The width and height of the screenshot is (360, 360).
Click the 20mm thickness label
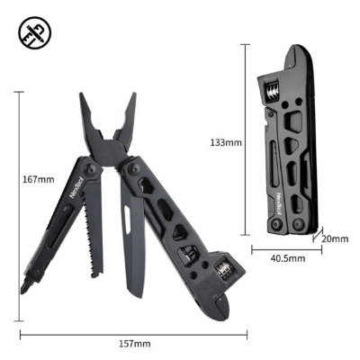point(334,238)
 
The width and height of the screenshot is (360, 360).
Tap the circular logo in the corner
point(34,34)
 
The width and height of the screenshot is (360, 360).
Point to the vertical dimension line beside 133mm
point(246,142)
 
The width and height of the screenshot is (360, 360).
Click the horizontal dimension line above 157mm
point(132,334)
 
